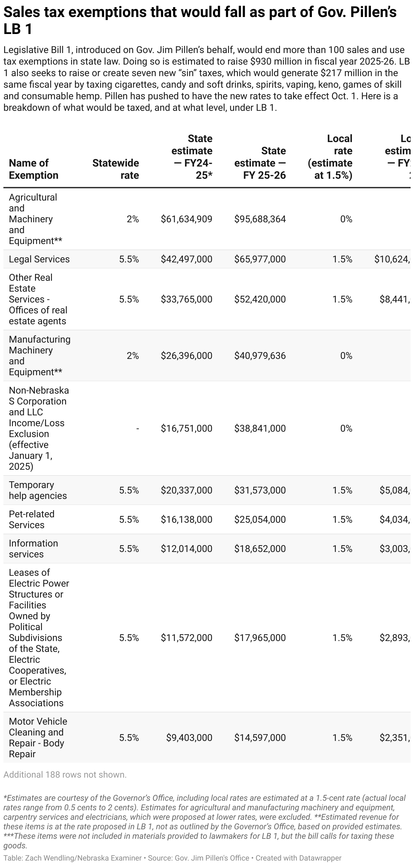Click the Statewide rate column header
(x=116, y=169)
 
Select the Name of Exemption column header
(x=34, y=169)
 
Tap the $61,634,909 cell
(x=186, y=219)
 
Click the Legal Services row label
(x=39, y=259)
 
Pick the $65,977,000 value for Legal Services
(x=260, y=259)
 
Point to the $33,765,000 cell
(x=186, y=299)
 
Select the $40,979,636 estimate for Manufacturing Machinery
(x=260, y=356)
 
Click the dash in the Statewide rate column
(x=137, y=429)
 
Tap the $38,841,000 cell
(x=260, y=429)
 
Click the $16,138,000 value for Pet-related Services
(x=186, y=520)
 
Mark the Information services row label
(x=33, y=549)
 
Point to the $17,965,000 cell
(x=260, y=638)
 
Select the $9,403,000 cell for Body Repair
(x=189, y=738)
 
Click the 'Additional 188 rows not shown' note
(x=65, y=775)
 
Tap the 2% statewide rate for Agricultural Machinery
(x=133, y=219)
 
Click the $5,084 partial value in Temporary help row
(x=395, y=490)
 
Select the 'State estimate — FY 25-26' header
(x=260, y=163)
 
